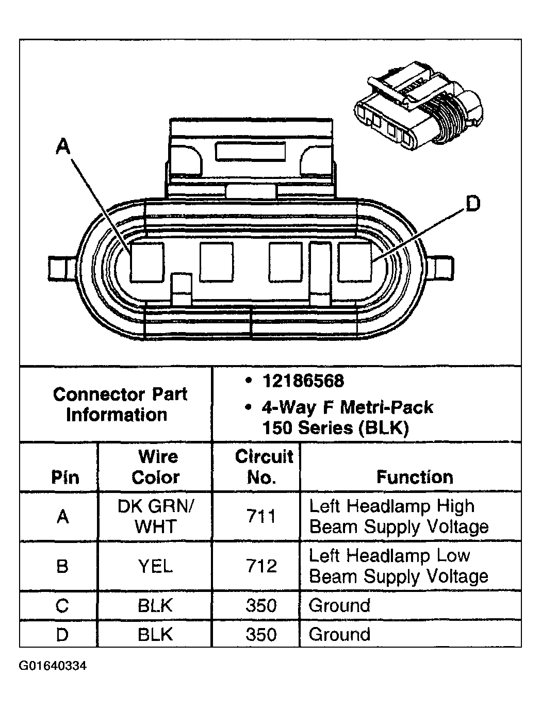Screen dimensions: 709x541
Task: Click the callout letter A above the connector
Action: (x=62, y=147)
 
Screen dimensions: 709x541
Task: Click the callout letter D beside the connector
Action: (x=472, y=204)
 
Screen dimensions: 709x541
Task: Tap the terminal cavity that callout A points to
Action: (x=146, y=262)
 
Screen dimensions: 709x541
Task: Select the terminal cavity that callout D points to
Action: (x=355, y=262)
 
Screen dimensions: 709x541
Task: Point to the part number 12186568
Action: (x=303, y=381)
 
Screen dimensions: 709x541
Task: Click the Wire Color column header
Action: (x=155, y=467)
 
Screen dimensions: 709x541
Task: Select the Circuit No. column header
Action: (x=264, y=467)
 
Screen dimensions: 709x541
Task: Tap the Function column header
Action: (x=415, y=477)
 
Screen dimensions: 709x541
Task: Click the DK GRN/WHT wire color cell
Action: (x=155, y=516)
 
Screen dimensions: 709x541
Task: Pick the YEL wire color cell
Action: (x=155, y=566)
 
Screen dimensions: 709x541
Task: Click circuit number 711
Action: (x=261, y=516)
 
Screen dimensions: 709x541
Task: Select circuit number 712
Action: (x=261, y=566)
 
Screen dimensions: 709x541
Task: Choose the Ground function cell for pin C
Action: (x=339, y=605)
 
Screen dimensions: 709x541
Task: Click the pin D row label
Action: (x=62, y=634)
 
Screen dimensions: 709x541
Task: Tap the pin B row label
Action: (x=62, y=566)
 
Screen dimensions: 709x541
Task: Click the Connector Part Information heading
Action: (x=119, y=404)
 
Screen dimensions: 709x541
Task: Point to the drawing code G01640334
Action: (x=53, y=666)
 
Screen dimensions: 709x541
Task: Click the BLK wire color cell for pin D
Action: (x=155, y=634)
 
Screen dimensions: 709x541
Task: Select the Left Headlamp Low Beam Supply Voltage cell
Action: (x=398, y=566)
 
